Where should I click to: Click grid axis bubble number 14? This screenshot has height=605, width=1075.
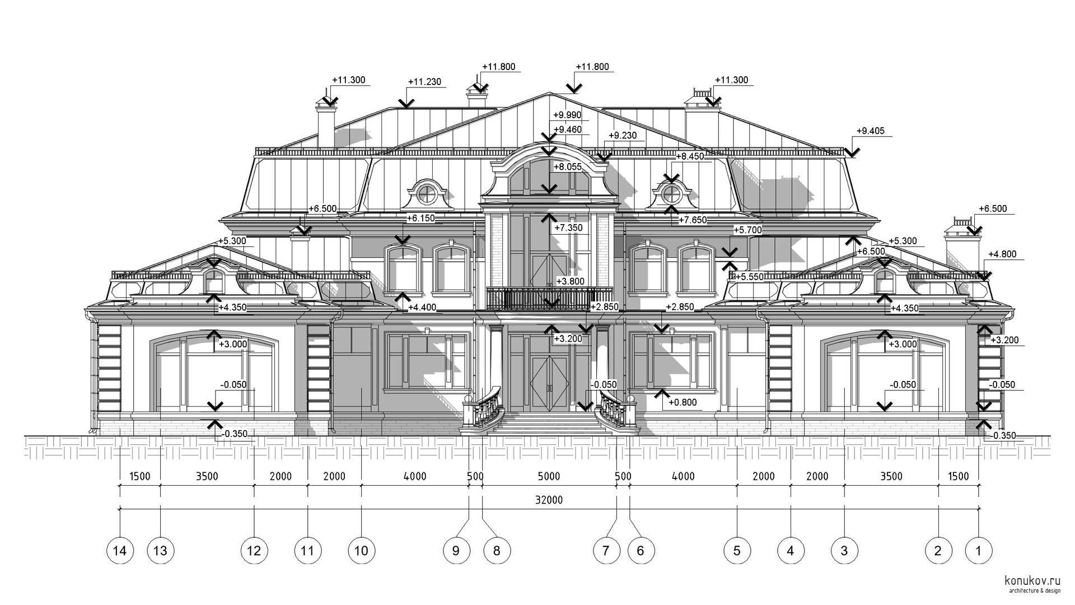[120, 551]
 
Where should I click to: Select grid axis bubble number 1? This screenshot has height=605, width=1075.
[979, 551]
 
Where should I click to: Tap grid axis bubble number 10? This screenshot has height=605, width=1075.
[361, 551]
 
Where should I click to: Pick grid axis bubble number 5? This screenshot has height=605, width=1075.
[736, 551]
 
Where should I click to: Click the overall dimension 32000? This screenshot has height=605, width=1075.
[549, 500]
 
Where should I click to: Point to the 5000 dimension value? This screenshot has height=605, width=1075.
[549, 477]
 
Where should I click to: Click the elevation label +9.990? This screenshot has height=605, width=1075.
[567, 115]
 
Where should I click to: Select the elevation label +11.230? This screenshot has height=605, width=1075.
[424, 82]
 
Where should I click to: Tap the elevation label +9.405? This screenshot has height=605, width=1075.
[871, 131]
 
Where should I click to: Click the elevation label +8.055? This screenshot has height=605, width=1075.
[568, 167]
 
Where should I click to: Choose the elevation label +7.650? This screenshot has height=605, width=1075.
[693, 220]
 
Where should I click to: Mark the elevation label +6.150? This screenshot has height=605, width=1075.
[420, 218]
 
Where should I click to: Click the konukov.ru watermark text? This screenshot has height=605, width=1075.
[1032, 581]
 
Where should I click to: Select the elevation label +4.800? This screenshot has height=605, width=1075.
[1002, 254]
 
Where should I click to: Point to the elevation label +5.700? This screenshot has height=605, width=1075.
[747, 230]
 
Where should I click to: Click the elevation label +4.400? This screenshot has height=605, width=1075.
[422, 308]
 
